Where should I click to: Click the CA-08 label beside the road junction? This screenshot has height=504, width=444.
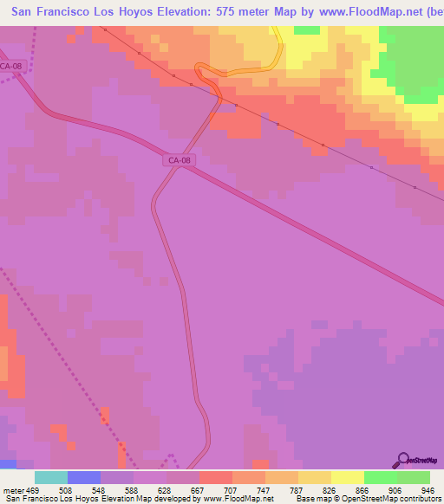pyautogui.click(x=179, y=159)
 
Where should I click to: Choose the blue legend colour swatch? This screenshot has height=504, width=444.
pyautogui.click(x=84, y=477)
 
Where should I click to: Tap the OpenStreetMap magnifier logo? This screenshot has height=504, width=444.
pyautogui.click(x=402, y=459)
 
